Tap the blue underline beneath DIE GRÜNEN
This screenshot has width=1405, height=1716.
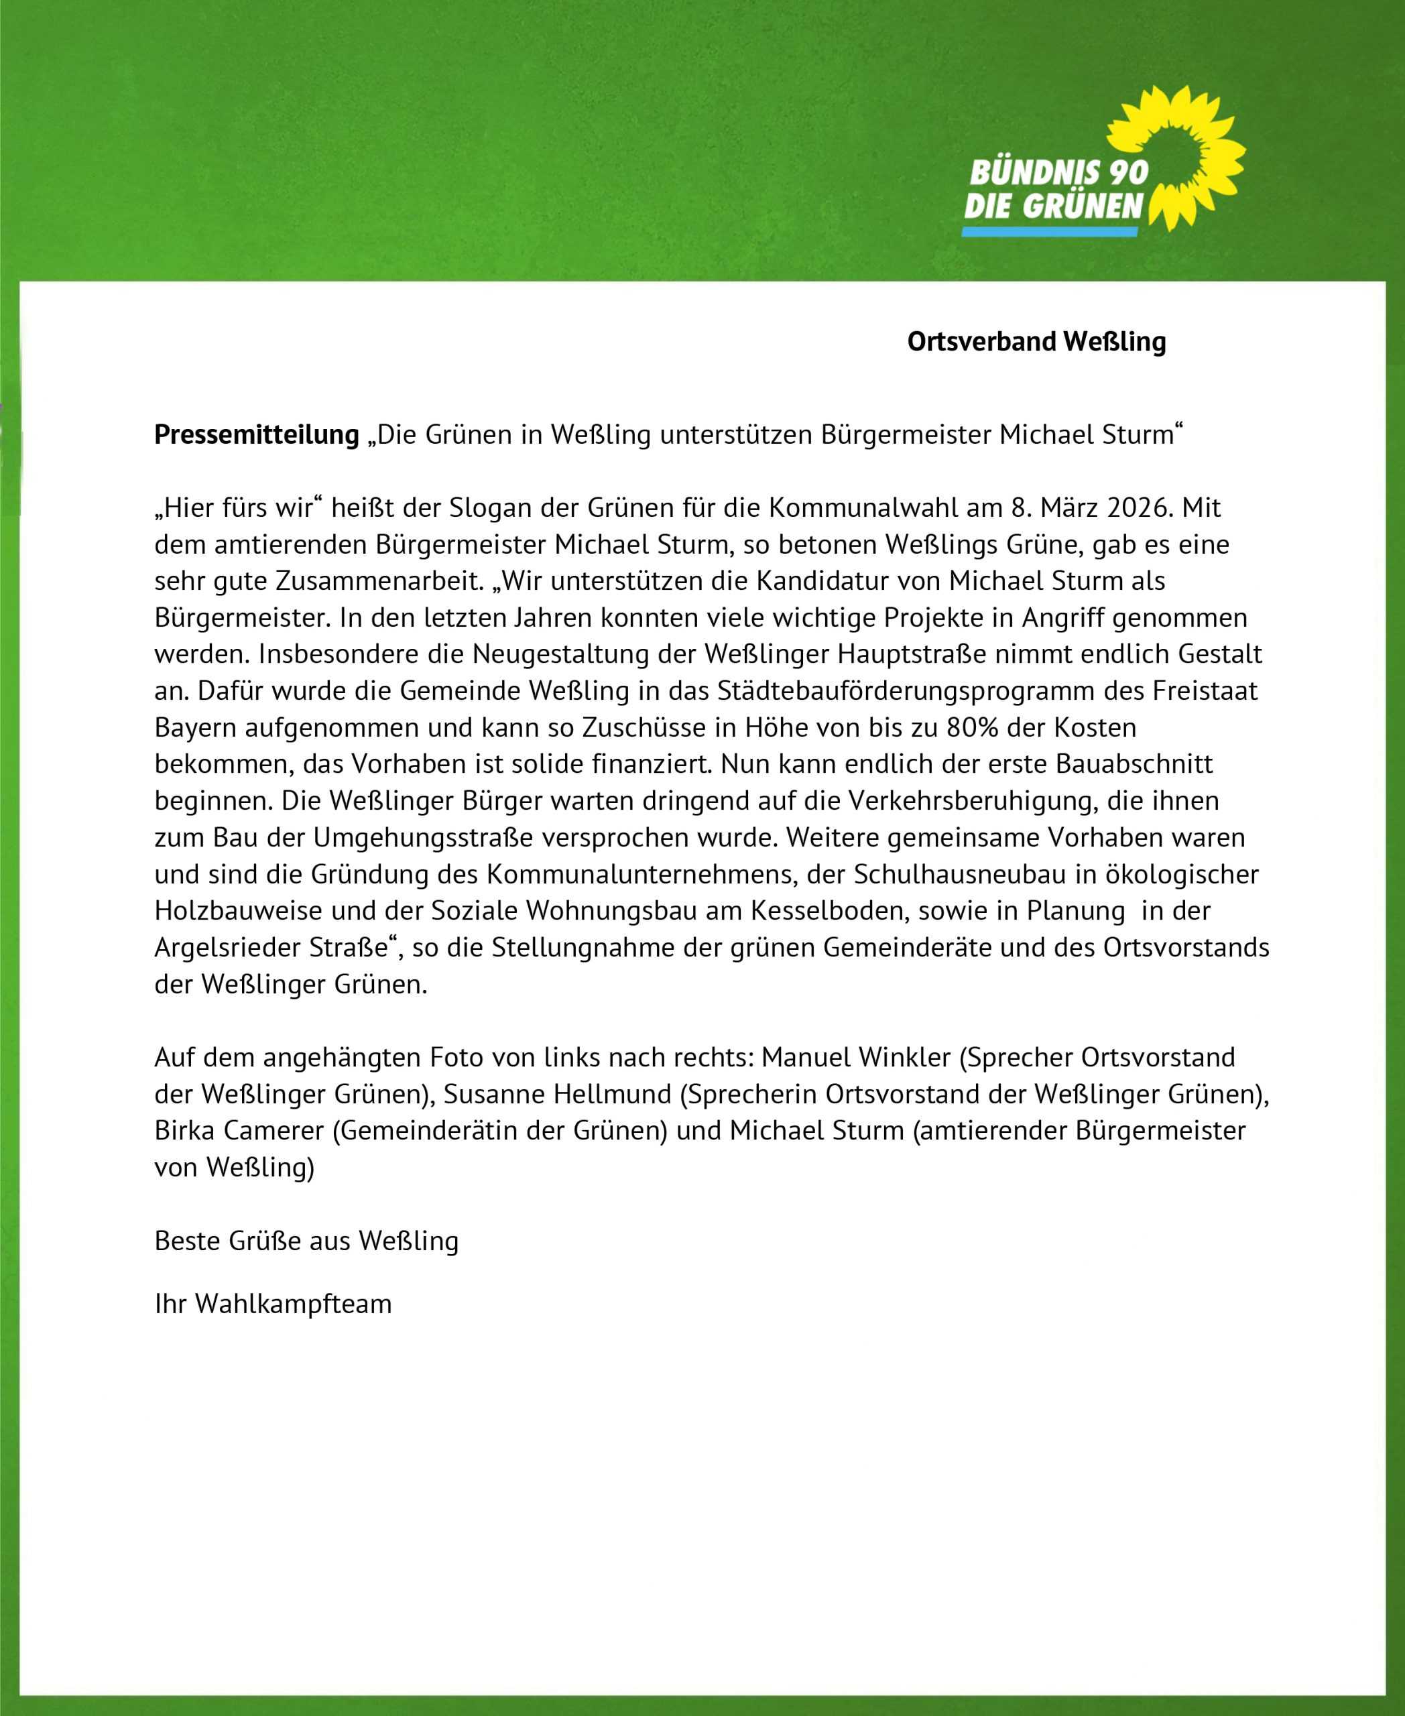1049,231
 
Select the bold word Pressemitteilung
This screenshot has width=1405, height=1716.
257,434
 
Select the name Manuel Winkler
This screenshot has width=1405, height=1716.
855,1057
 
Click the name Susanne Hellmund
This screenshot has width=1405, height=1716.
557,1095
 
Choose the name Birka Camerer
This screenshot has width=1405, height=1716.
239,1131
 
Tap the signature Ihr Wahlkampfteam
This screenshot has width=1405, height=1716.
273,1304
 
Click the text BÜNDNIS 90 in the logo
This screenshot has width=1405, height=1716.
1058,172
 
